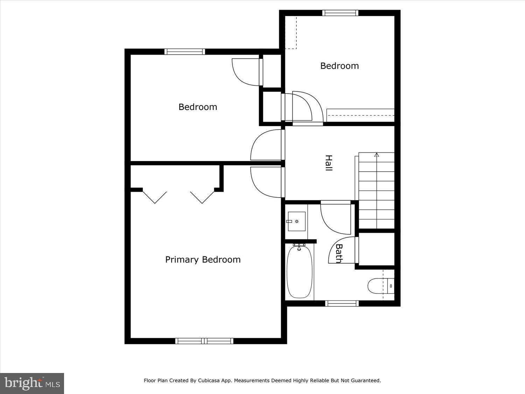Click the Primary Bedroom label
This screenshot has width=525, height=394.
203,260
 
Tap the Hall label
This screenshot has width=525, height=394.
328,163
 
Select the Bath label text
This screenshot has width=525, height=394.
339,253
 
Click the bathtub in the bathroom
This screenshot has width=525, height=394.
299,272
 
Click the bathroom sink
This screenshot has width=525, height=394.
296,221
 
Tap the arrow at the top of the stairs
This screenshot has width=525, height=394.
377,154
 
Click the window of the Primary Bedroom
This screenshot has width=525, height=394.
204,341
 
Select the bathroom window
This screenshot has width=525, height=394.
342,303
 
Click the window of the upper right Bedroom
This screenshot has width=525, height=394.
340,13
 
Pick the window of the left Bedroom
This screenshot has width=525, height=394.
185,51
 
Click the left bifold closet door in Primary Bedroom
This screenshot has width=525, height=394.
154,197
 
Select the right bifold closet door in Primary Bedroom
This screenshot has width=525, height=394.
202,197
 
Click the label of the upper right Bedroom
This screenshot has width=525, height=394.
339,66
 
